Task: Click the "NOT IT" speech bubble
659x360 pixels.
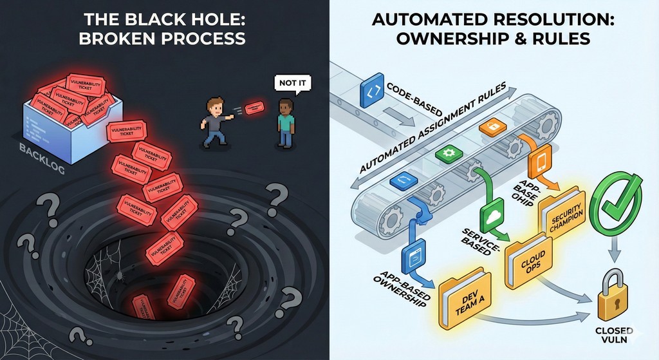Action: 288,82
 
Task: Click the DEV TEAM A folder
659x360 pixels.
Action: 464,299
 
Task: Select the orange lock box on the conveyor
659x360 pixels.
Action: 488,127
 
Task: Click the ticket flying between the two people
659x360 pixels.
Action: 254,106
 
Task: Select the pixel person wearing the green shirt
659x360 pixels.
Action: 285,122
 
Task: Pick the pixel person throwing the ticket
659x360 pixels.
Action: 215,121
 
